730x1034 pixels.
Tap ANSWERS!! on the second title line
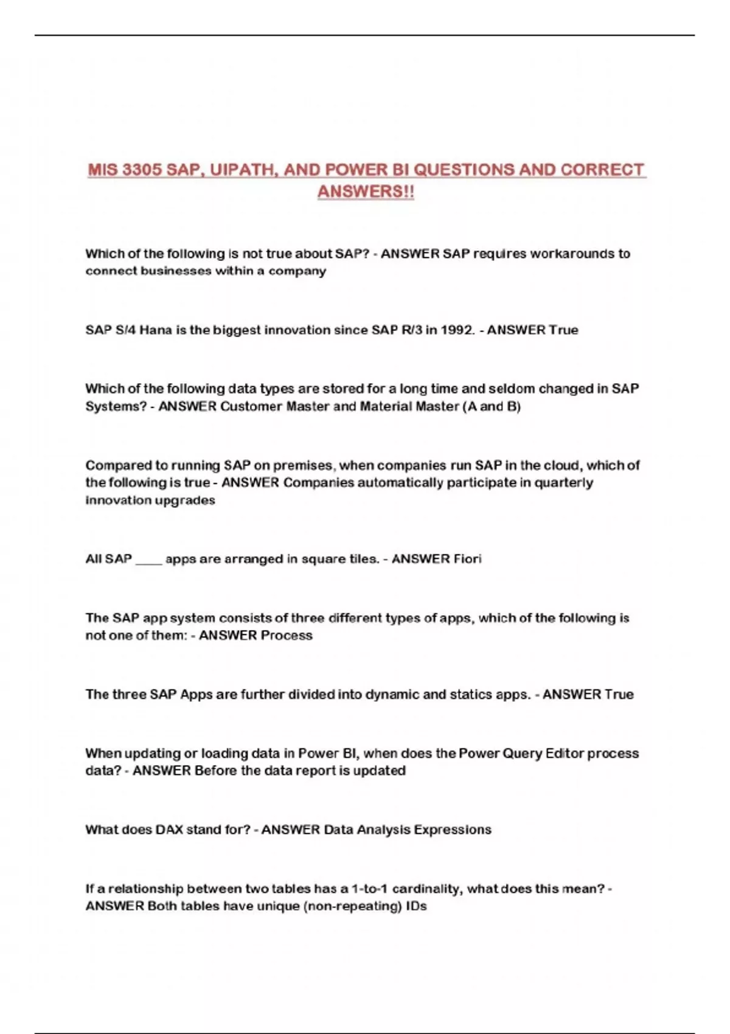tap(366, 192)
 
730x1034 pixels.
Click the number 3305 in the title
tap(141, 170)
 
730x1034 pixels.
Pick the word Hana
tap(156, 330)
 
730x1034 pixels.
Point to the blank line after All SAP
tap(148, 560)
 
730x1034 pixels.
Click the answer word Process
tap(286, 636)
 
